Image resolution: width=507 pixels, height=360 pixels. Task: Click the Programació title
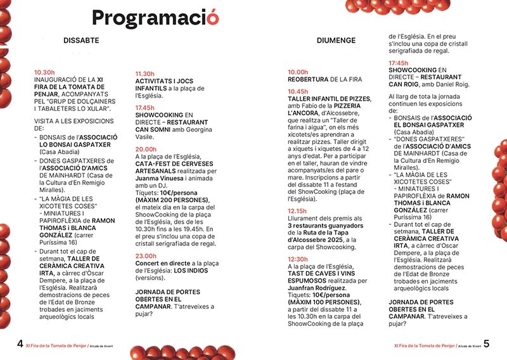click(x=155, y=18)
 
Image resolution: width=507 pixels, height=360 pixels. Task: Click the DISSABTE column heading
click(x=81, y=41)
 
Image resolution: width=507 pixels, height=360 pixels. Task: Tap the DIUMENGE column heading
click(x=336, y=41)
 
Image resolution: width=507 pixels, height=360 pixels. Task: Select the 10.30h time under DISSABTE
click(x=45, y=72)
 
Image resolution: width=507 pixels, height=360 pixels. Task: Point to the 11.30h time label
click(x=145, y=74)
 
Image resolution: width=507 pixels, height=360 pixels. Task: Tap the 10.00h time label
click(x=298, y=72)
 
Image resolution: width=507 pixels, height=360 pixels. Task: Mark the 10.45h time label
click(x=298, y=91)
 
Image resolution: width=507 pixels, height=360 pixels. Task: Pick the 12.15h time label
click(x=298, y=210)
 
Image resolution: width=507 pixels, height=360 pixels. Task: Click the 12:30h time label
click(x=298, y=259)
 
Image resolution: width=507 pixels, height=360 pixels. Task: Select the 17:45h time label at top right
click(x=399, y=63)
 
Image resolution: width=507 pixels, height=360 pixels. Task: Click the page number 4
click(x=20, y=344)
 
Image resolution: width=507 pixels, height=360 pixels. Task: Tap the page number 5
click(x=486, y=344)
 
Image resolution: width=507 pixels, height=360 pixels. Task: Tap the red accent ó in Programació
click(x=213, y=18)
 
